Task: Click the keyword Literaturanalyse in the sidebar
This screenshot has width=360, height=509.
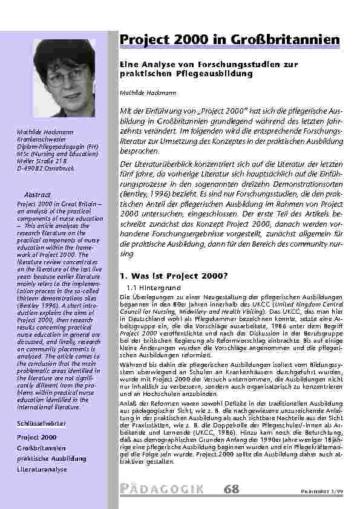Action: tap(42, 469)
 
